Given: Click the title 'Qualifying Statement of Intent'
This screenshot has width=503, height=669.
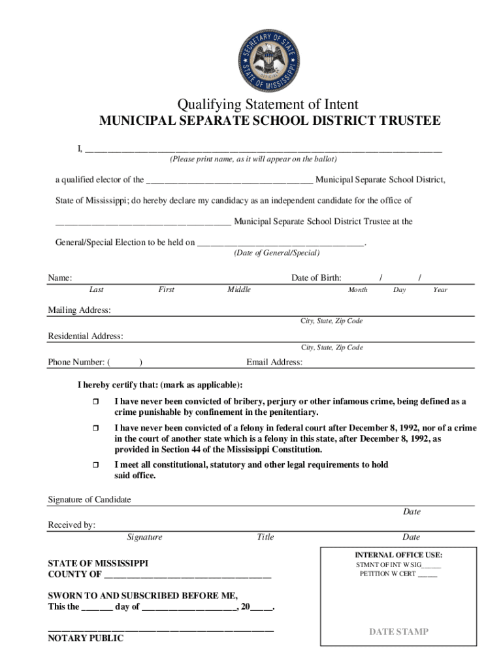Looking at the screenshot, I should click(x=268, y=105).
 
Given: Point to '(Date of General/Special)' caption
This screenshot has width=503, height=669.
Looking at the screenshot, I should click(x=276, y=253).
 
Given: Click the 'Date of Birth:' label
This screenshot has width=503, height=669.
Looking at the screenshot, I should click(x=316, y=278).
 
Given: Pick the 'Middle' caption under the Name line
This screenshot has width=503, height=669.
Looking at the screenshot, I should click(x=238, y=289).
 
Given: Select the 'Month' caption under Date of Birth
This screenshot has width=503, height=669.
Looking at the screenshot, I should click(x=357, y=289).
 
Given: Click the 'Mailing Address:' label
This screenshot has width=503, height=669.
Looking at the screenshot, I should click(x=79, y=310).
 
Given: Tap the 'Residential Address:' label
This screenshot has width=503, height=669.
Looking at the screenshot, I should click(x=86, y=336).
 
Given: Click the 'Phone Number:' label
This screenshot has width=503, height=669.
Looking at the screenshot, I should click(x=76, y=363).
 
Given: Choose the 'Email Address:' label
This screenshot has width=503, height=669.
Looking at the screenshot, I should click(x=274, y=363).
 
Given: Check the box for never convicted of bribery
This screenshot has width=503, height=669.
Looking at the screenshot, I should click(x=95, y=401).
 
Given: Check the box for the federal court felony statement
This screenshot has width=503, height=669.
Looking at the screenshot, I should click(x=95, y=428).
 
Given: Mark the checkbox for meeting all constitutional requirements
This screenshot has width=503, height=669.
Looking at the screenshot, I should click(x=95, y=465).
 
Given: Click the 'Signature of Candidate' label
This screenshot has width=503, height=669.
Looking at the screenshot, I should click(x=89, y=500).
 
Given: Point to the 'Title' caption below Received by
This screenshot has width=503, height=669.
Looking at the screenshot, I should click(x=265, y=537).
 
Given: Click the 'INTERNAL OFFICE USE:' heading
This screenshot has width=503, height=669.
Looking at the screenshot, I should click(x=398, y=555).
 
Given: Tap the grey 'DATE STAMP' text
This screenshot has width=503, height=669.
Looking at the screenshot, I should click(x=398, y=632).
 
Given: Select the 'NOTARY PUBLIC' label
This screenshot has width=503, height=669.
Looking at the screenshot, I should click(x=86, y=639).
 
